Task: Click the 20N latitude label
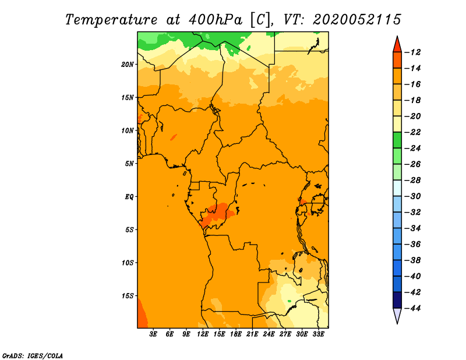[128, 65]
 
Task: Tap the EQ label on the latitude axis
[129, 197]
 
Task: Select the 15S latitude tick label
[128, 296]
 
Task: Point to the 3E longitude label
[153, 334]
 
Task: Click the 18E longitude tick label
[236, 334]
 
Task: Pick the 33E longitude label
[318, 334]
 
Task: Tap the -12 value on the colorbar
[413, 52]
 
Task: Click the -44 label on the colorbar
[413, 308]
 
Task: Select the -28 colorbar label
[413, 181]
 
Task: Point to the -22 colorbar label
[413, 132]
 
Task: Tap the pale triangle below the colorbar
[397, 315]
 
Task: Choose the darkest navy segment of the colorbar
[397, 300]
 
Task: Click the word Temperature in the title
[111, 20]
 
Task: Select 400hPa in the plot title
[216, 20]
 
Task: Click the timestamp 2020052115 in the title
[357, 20]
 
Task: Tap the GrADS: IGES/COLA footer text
[33, 355]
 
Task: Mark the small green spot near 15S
[289, 301]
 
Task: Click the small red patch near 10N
[173, 137]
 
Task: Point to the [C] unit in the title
[260, 20]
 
